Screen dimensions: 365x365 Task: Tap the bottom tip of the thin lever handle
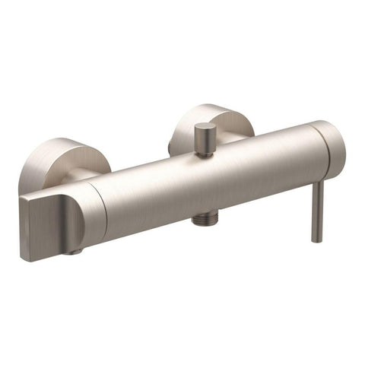(317, 240)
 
